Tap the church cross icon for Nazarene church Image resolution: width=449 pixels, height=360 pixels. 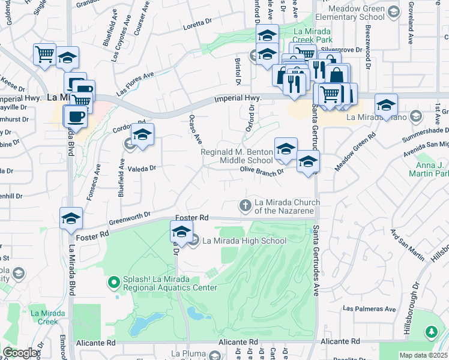coord(245,205)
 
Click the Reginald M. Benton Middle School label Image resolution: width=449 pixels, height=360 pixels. coord(237,156)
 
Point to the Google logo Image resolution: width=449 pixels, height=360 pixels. coord(20,353)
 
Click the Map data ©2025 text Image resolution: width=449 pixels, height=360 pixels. coord(424,355)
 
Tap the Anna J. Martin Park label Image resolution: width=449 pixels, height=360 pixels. coord(429,169)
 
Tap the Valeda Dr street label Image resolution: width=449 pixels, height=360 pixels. coord(141,169)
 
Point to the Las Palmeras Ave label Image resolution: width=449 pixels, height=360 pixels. coord(369,309)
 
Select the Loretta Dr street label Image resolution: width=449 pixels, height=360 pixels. coord(198,23)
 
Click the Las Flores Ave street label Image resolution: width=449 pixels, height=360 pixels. coord(135,83)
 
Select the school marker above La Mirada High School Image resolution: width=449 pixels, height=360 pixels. coord(181,232)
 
